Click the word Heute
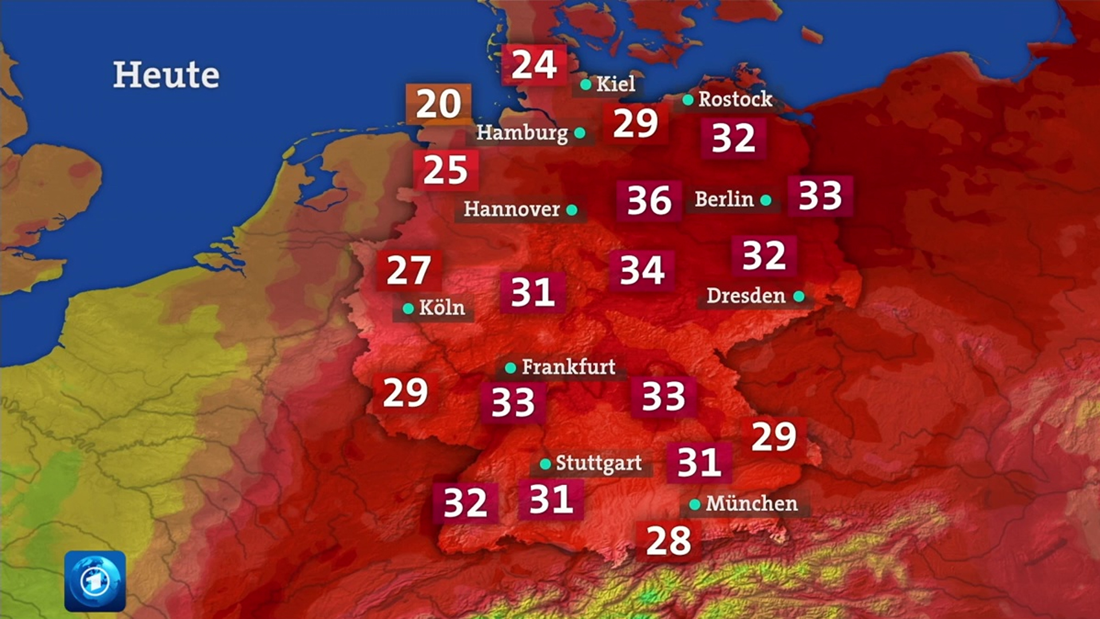[166, 75]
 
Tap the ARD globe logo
[95, 581]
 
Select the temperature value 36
[649, 201]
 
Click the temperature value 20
[438, 104]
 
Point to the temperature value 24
[534, 64]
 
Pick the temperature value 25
[446, 170]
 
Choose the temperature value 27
[408, 271]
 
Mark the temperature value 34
[642, 271]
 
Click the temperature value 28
[669, 541]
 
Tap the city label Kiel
[615, 84]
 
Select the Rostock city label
[735, 99]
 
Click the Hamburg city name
[522, 133]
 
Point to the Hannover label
[512, 209]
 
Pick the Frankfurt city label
[568, 367]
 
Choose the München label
[752, 504]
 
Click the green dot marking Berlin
[766, 200]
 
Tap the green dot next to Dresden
[799, 296]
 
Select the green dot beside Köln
[408, 308]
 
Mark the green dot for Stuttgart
[545, 463]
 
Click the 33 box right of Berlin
[820, 196]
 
